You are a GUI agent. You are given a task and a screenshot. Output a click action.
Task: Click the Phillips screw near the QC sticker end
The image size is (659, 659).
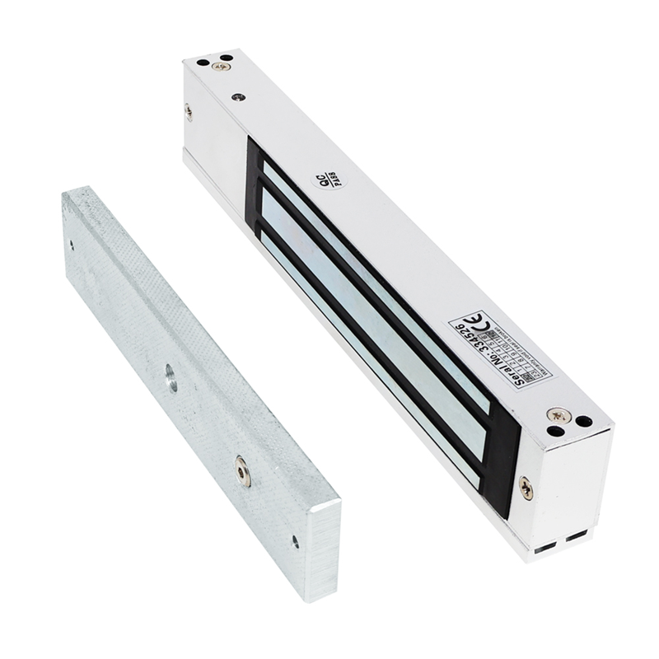[220, 66]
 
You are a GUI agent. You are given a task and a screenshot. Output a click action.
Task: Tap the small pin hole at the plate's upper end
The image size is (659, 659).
[71, 245]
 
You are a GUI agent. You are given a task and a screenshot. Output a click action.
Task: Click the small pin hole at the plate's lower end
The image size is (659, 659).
[295, 541]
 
